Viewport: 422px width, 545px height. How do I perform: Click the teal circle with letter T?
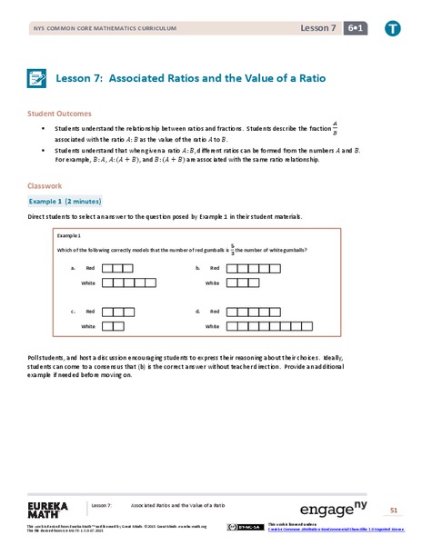(392, 29)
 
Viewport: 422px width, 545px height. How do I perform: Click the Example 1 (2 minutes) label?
(64, 200)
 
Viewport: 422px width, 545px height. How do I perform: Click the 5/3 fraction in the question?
(230, 250)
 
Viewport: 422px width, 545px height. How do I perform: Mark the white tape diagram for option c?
(112, 325)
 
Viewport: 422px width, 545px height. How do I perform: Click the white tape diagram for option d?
(268, 325)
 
